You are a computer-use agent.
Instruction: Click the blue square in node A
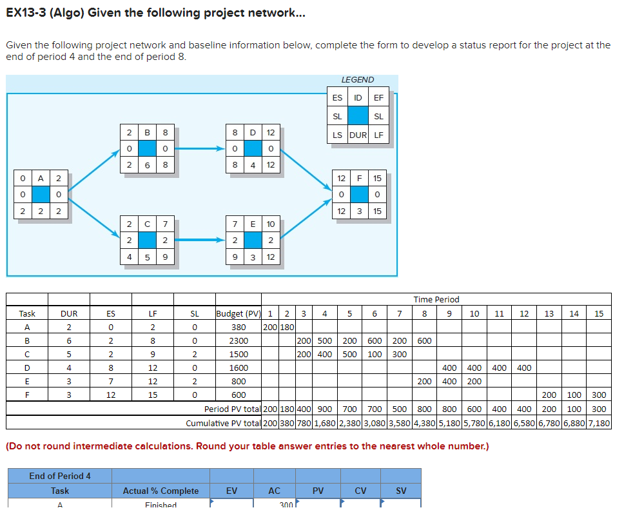point(41,194)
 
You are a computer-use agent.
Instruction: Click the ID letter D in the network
point(253,133)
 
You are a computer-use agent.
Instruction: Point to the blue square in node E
point(253,240)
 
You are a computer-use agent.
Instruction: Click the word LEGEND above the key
point(357,79)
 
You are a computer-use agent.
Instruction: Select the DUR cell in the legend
point(357,135)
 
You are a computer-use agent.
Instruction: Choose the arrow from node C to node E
point(200,240)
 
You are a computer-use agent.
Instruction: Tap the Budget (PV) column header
point(239,314)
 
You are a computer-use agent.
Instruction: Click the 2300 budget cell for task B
point(239,340)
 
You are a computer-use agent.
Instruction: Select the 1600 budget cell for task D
point(239,368)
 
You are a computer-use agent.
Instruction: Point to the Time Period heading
point(436,300)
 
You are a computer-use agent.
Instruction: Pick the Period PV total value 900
point(325,409)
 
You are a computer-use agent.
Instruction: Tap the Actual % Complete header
point(161,491)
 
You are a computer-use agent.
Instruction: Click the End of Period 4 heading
point(60,476)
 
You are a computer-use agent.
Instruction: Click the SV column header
point(401,491)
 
